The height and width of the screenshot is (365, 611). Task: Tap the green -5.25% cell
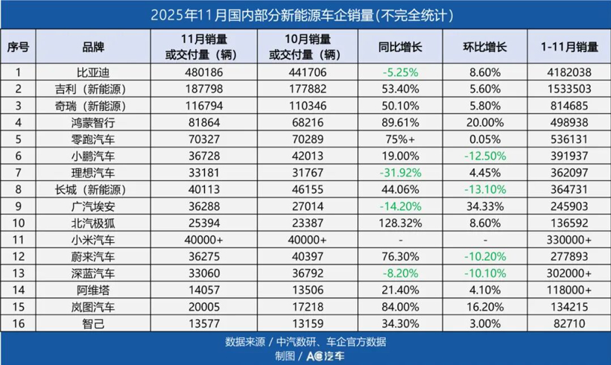point(400,73)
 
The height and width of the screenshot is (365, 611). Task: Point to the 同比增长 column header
point(400,46)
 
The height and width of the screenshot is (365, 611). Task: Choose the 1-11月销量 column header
point(569,46)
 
